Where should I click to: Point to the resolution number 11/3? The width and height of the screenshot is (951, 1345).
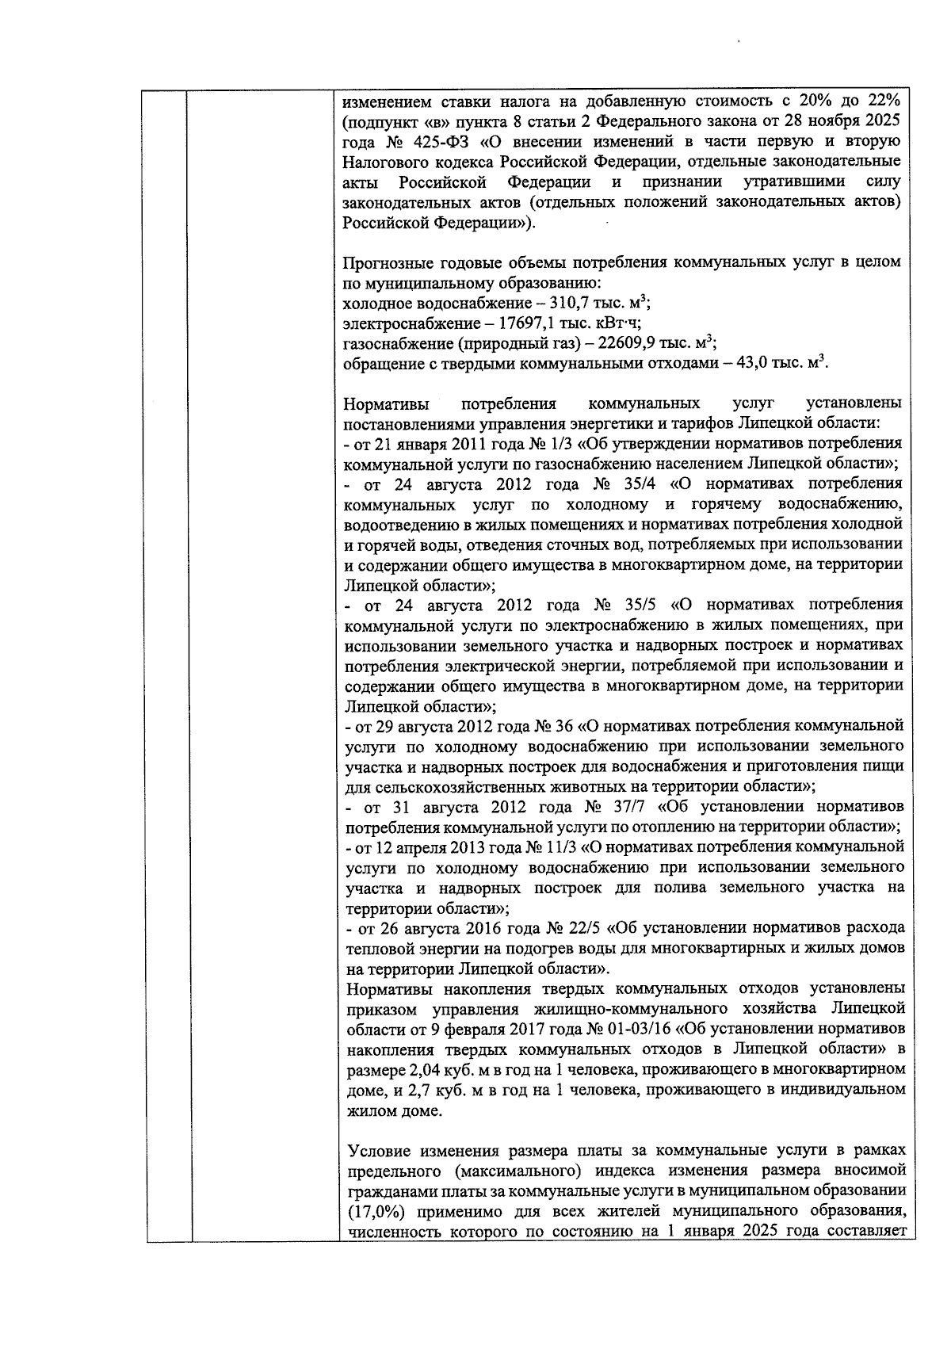(560, 847)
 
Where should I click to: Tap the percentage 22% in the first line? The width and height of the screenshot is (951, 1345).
(881, 102)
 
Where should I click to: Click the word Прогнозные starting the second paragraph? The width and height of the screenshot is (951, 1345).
(384, 262)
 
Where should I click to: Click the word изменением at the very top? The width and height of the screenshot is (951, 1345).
(383, 102)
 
